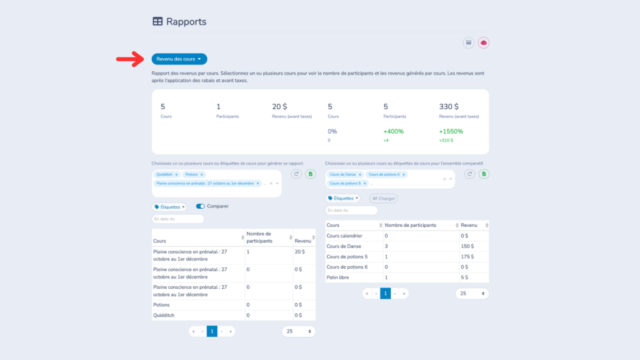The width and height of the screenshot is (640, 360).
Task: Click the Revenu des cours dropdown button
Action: (x=179, y=59)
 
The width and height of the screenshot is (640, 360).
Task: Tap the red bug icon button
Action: (x=483, y=42)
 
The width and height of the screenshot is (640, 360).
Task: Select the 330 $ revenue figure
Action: (x=449, y=106)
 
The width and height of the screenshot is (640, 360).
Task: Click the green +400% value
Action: (x=393, y=131)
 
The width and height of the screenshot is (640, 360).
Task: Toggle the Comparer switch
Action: (x=201, y=206)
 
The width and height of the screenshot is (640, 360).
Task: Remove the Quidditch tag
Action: (x=177, y=174)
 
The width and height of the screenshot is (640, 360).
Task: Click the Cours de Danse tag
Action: (x=341, y=174)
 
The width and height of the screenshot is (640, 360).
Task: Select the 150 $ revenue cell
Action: (x=467, y=246)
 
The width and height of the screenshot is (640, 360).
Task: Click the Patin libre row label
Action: (x=339, y=277)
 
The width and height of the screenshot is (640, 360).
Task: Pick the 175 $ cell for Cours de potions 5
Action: (x=467, y=257)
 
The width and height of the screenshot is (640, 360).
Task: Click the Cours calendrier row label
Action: (x=345, y=236)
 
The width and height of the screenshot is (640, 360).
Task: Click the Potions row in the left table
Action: (x=161, y=304)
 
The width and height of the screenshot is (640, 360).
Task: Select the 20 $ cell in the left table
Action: (x=300, y=251)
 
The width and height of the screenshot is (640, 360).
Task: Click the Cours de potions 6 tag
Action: (x=384, y=174)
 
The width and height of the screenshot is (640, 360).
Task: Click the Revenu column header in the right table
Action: (x=469, y=225)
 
